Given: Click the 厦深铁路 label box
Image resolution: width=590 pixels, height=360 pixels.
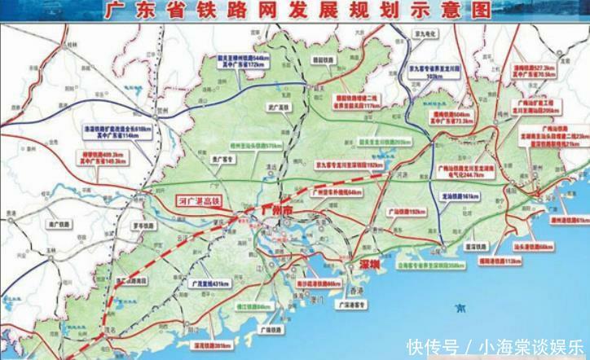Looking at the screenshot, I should [x=475, y=245].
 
